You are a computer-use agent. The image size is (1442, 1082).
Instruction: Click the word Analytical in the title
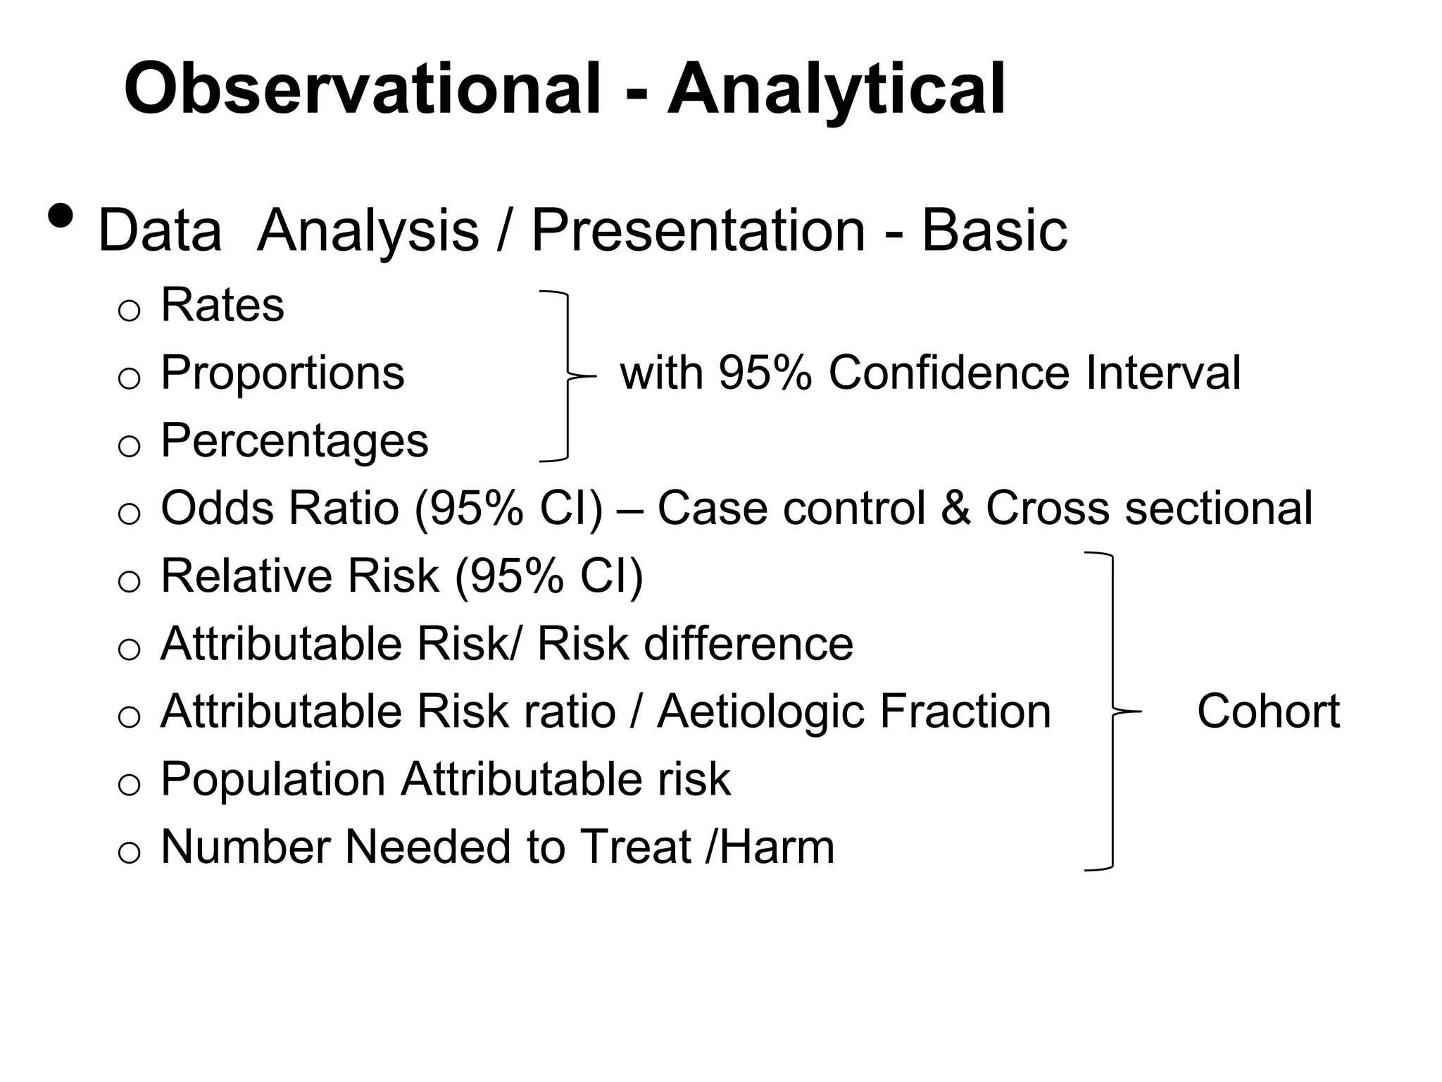pyautogui.click(x=836, y=89)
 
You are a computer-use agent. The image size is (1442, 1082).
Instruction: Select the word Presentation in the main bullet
pyautogui.click(x=697, y=230)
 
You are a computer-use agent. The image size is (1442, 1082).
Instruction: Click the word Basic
pyautogui.click(x=993, y=230)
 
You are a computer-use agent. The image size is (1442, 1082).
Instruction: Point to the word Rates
pyautogui.click(x=222, y=305)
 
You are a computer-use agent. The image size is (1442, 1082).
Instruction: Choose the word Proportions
pyautogui.click(x=282, y=373)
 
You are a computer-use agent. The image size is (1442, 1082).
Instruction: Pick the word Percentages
pyautogui.click(x=294, y=440)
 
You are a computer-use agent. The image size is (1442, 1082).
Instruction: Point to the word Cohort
pyautogui.click(x=1268, y=711)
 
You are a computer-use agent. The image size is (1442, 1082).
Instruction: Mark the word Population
pyautogui.click(x=273, y=779)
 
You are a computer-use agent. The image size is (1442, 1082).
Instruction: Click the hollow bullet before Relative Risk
pyautogui.click(x=130, y=583)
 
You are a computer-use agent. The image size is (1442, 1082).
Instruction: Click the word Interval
pyautogui.click(x=1162, y=373)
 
